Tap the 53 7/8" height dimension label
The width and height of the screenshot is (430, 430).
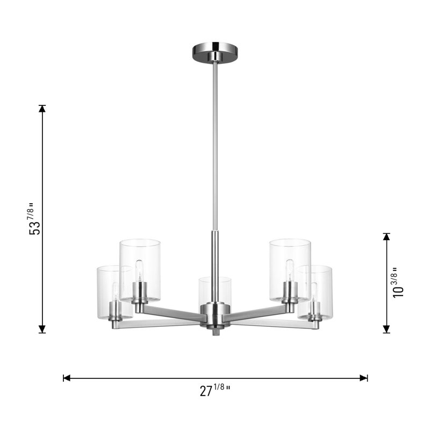[35, 219]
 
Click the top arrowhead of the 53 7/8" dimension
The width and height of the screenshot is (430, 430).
[42, 109]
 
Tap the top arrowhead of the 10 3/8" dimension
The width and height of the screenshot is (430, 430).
[386, 236]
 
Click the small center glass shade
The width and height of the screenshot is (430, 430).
[215, 290]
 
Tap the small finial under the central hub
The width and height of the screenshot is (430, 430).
[215, 333]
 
